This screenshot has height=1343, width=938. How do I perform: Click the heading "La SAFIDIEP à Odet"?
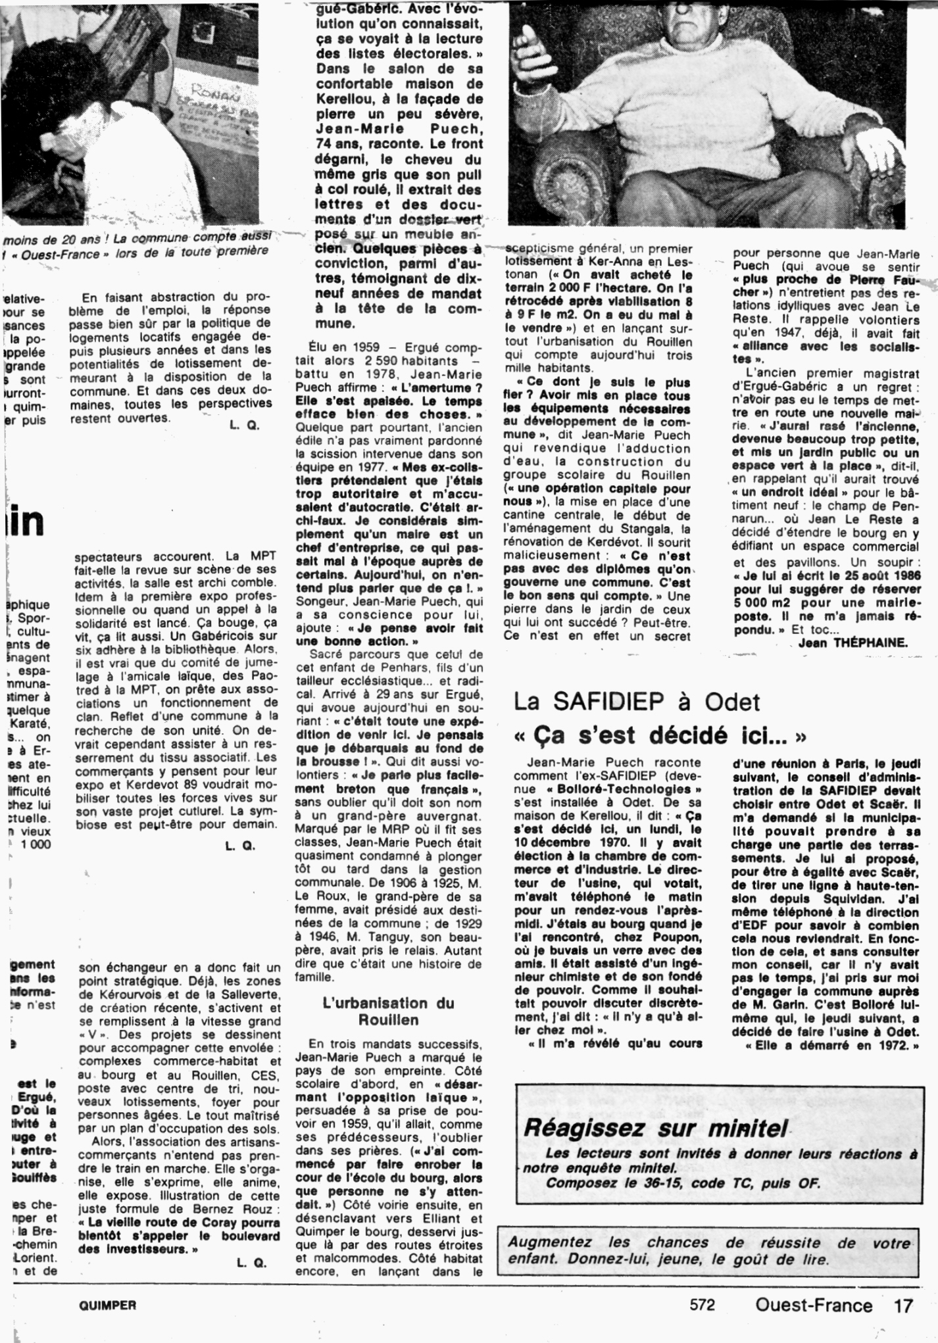click(x=636, y=703)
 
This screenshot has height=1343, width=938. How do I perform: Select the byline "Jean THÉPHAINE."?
click(x=852, y=643)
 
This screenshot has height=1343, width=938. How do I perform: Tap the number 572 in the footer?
click(x=703, y=1306)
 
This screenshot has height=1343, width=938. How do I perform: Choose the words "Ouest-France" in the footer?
click(x=814, y=1306)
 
